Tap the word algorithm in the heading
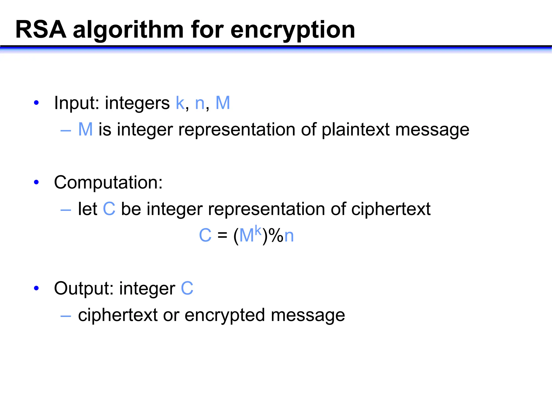(128, 30)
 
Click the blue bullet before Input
(36, 103)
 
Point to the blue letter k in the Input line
(180, 103)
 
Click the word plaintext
(356, 130)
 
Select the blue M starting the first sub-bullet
(85, 129)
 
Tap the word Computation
(108, 182)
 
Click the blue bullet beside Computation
(36, 182)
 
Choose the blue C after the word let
(109, 209)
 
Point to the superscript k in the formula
(258, 231)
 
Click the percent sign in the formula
(276, 236)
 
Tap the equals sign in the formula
(222, 235)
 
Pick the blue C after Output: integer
(187, 288)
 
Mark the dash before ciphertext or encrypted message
(66, 315)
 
